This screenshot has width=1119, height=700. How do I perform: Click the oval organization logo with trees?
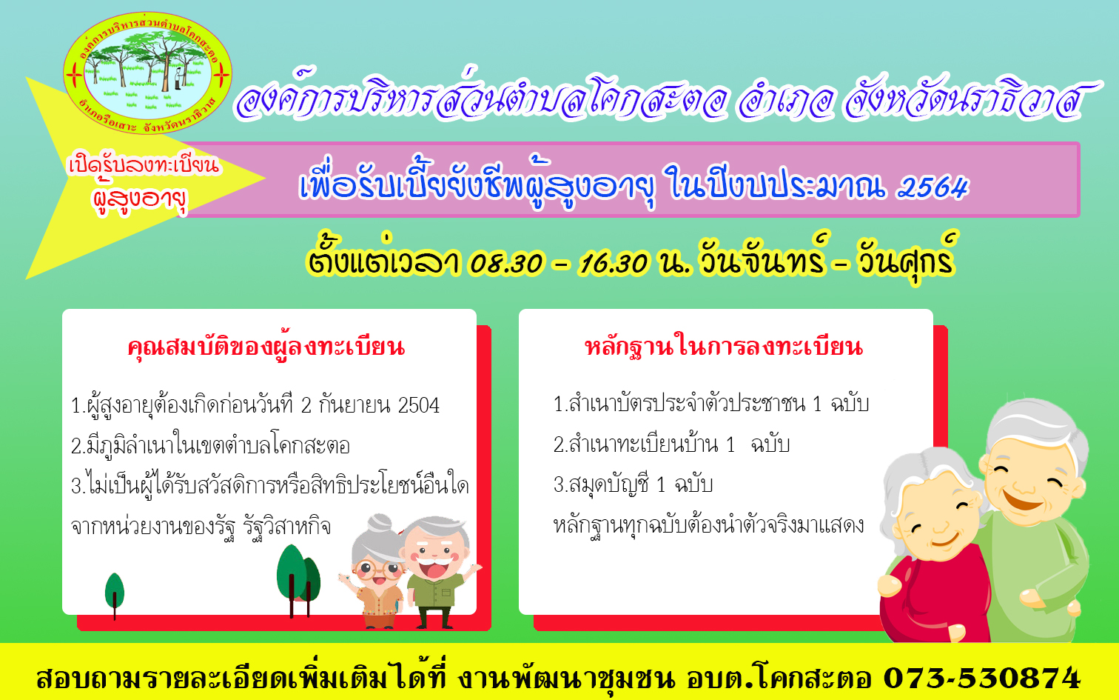147,73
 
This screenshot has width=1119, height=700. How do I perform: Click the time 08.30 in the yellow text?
506,262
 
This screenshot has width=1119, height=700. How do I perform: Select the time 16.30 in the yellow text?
614,262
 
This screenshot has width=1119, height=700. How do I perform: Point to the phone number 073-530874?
982,678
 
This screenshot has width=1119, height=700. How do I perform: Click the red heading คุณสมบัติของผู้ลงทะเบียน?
266,347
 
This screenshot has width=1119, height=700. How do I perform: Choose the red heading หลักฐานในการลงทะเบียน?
724,347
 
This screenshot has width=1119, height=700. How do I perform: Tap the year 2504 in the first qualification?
419,405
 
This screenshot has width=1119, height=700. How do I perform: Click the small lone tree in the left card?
115,595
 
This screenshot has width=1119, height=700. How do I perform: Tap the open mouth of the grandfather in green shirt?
434,568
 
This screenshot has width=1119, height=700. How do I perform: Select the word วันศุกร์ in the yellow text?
907,259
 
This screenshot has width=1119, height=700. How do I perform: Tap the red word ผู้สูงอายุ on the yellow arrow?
141,199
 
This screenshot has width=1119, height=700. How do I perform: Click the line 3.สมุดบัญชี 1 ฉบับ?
633,484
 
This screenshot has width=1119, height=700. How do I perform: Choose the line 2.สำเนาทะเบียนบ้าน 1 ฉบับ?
671,444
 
